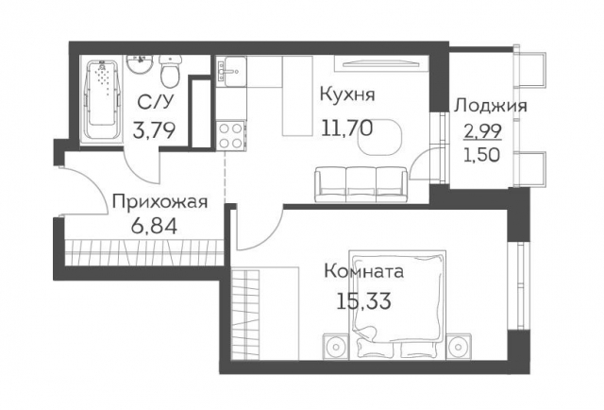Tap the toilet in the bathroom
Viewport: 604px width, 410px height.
(171, 73)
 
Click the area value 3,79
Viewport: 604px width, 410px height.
(153, 130)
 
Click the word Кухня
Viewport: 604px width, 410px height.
(348, 95)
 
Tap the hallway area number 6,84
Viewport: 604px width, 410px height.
(152, 227)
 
